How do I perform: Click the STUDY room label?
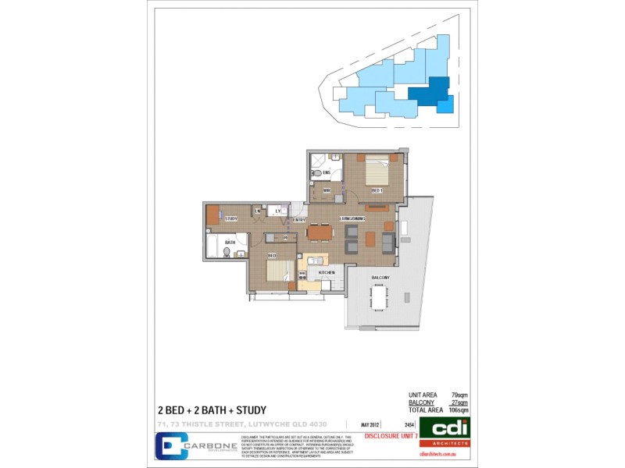tap(231, 219)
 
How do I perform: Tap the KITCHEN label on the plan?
tap(327, 272)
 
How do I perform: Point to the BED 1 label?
tap(377, 190)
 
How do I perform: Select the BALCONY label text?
tap(380, 278)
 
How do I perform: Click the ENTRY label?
tap(299, 220)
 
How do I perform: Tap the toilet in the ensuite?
tap(316, 172)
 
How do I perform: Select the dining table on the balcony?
tap(380, 298)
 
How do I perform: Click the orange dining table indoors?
tap(319, 232)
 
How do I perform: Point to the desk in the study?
tap(212, 214)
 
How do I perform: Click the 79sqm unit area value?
tap(459, 395)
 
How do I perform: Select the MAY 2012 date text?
tap(370, 425)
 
